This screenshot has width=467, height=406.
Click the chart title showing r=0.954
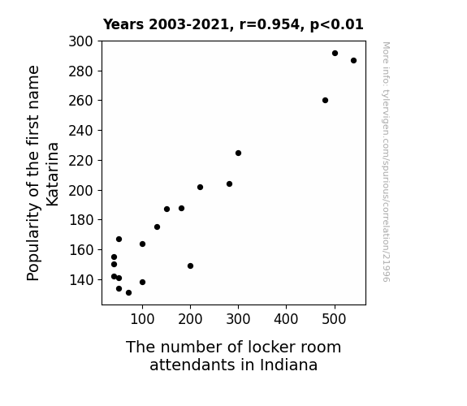click(x=233, y=24)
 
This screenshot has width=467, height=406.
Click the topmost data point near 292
click(x=335, y=54)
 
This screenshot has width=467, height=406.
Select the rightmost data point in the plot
click(x=353, y=60)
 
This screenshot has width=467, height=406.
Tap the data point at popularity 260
click(x=325, y=101)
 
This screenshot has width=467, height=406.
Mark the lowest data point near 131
click(x=128, y=293)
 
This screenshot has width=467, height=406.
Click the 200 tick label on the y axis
click(x=80, y=190)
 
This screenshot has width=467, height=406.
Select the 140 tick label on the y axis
click(x=80, y=280)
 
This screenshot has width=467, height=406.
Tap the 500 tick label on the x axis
click(x=334, y=319)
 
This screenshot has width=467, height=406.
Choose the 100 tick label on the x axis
click(x=142, y=319)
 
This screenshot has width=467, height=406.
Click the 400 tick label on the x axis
click(x=286, y=319)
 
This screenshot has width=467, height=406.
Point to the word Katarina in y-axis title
click(x=53, y=175)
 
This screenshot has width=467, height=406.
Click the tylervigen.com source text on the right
click(x=386, y=162)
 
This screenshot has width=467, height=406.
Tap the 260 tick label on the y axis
click(x=80, y=101)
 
